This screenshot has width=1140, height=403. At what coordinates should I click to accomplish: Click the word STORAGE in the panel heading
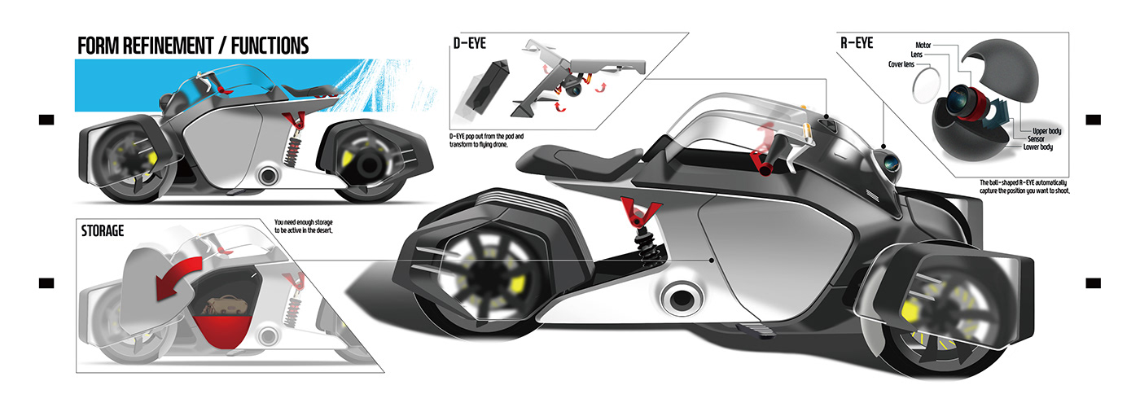pos(102,230)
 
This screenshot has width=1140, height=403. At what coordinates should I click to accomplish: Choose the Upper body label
pos(1037,130)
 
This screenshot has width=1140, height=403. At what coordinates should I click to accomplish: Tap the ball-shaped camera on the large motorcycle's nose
pos(891,162)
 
